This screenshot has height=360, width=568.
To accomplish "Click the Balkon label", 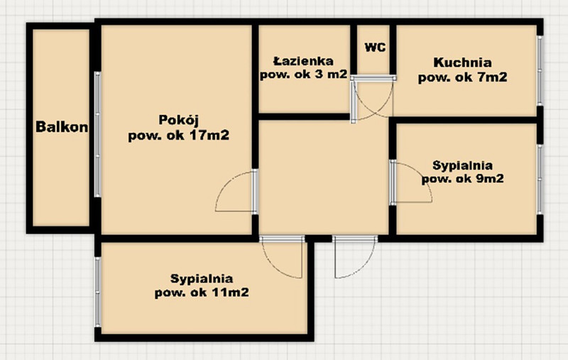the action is (62, 127).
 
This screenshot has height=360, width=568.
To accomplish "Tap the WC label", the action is (376, 48).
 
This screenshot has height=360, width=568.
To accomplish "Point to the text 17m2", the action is (209, 136).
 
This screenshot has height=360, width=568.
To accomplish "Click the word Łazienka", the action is (303, 61).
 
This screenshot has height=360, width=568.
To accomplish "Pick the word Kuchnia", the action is (463, 62).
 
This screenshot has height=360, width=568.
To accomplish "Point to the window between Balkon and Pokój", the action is (97, 134).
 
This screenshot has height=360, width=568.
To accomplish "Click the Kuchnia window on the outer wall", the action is (540, 70).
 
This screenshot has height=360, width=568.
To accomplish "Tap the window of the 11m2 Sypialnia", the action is (97, 292).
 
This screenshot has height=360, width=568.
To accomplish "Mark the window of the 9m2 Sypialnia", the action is (540, 179).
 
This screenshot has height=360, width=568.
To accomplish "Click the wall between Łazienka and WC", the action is (354, 50).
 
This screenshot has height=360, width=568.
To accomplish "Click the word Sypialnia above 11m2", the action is (202, 279).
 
